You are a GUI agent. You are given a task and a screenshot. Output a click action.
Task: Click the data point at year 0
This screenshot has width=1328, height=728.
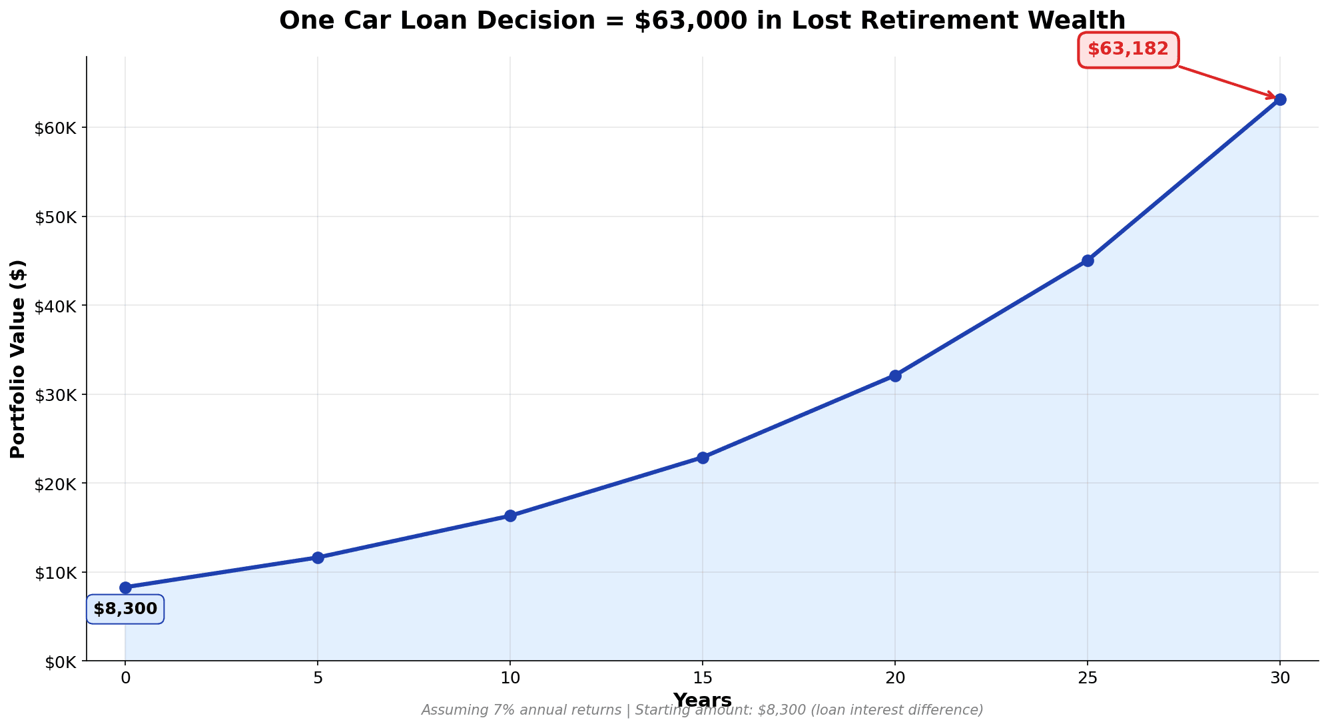point(125,587)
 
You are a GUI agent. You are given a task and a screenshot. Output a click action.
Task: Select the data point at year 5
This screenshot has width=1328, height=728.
point(318,557)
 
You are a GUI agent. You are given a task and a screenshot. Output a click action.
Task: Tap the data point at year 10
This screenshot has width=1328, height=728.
point(510,516)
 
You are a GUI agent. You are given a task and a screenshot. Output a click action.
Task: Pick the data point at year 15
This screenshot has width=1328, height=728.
point(703,458)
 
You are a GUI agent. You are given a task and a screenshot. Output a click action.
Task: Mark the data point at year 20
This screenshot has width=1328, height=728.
point(895,376)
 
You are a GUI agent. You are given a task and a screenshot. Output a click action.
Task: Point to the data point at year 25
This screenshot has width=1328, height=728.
point(1088,260)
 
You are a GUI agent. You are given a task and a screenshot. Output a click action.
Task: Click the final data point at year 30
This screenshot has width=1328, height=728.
point(1280,100)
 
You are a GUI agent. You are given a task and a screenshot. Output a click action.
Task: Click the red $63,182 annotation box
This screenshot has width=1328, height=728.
point(1128,49)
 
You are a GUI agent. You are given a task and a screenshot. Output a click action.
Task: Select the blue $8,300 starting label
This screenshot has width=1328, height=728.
point(125,609)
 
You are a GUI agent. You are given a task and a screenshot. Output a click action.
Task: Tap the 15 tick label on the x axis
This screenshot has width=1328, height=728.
point(703,678)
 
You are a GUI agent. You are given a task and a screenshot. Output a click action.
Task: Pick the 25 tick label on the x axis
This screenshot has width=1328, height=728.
point(1088,678)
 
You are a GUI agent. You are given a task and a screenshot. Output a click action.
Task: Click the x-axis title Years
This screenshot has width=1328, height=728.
point(703,700)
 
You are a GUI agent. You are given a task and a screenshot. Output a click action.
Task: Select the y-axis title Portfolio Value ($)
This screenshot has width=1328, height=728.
point(18,359)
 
